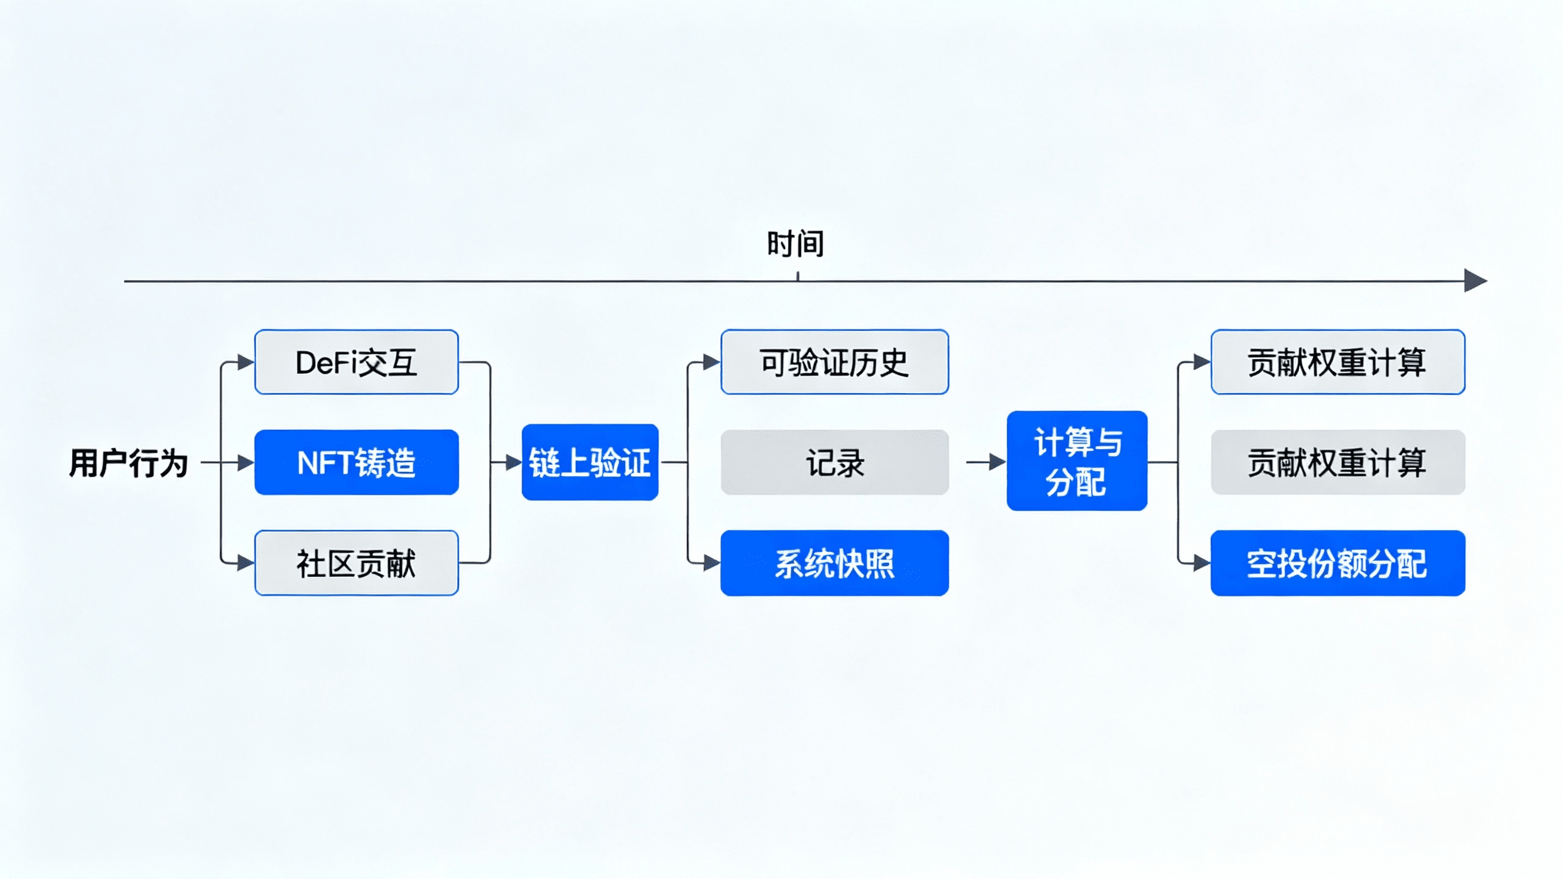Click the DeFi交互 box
point(357,362)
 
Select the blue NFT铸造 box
point(357,462)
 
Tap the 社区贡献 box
point(357,563)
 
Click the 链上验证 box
point(590,462)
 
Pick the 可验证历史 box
point(835,362)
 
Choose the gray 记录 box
point(835,462)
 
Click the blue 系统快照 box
point(835,563)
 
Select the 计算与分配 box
point(1077,461)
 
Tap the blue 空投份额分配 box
point(1338,563)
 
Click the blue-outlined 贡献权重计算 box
point(1338,362)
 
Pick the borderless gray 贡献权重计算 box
point(1338,462)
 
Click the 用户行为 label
point(128,463)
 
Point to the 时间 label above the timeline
point(796,244)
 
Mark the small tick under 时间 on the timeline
point(798,277)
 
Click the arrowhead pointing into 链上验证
point(513,462)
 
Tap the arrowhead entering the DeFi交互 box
point(245,362)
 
